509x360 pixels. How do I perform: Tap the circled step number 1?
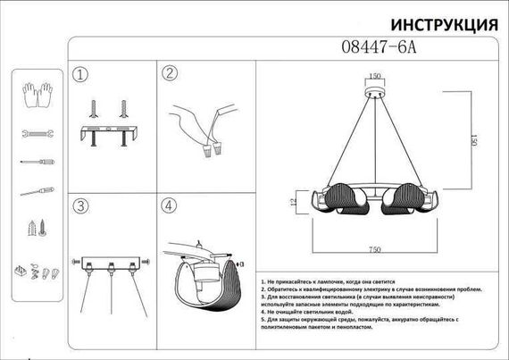tap(82, 74)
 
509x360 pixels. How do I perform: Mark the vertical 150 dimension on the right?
tap(463, 141)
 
